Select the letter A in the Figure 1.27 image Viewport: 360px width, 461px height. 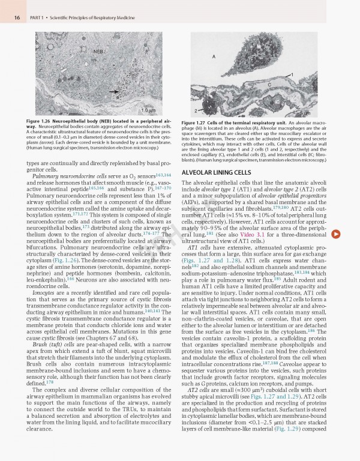[213, 56]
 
